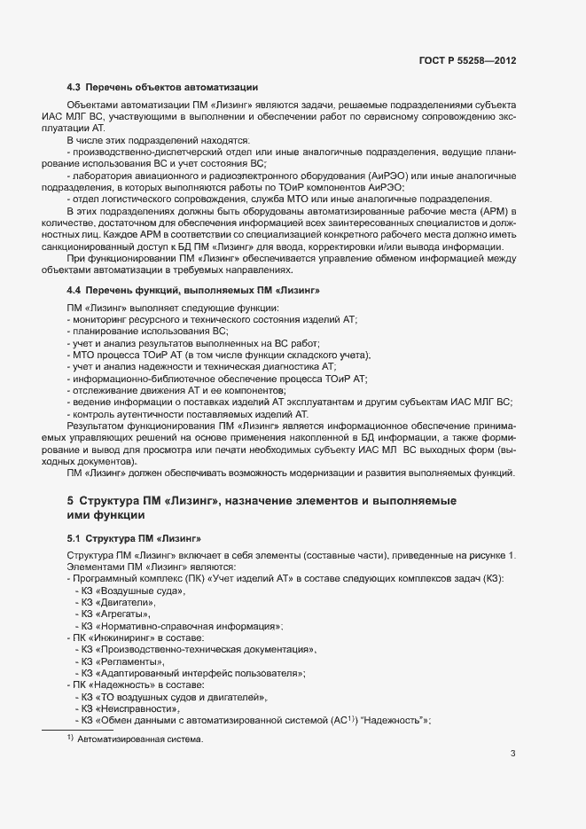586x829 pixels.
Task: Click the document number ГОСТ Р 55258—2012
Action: tap(467, 61)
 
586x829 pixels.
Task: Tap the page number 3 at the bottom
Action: tap(512, 755)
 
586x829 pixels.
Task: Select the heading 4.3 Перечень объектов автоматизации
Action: tap(162, 87)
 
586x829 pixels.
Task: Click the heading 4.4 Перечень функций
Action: tap(193, 291)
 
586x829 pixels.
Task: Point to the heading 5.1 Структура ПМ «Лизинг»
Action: tap(134, 538)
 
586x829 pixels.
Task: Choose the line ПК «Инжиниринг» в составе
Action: tap(135, 637)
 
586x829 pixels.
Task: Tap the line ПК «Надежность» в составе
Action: tap(135, 684)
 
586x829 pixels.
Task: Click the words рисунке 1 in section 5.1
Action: tap(488, 555)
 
